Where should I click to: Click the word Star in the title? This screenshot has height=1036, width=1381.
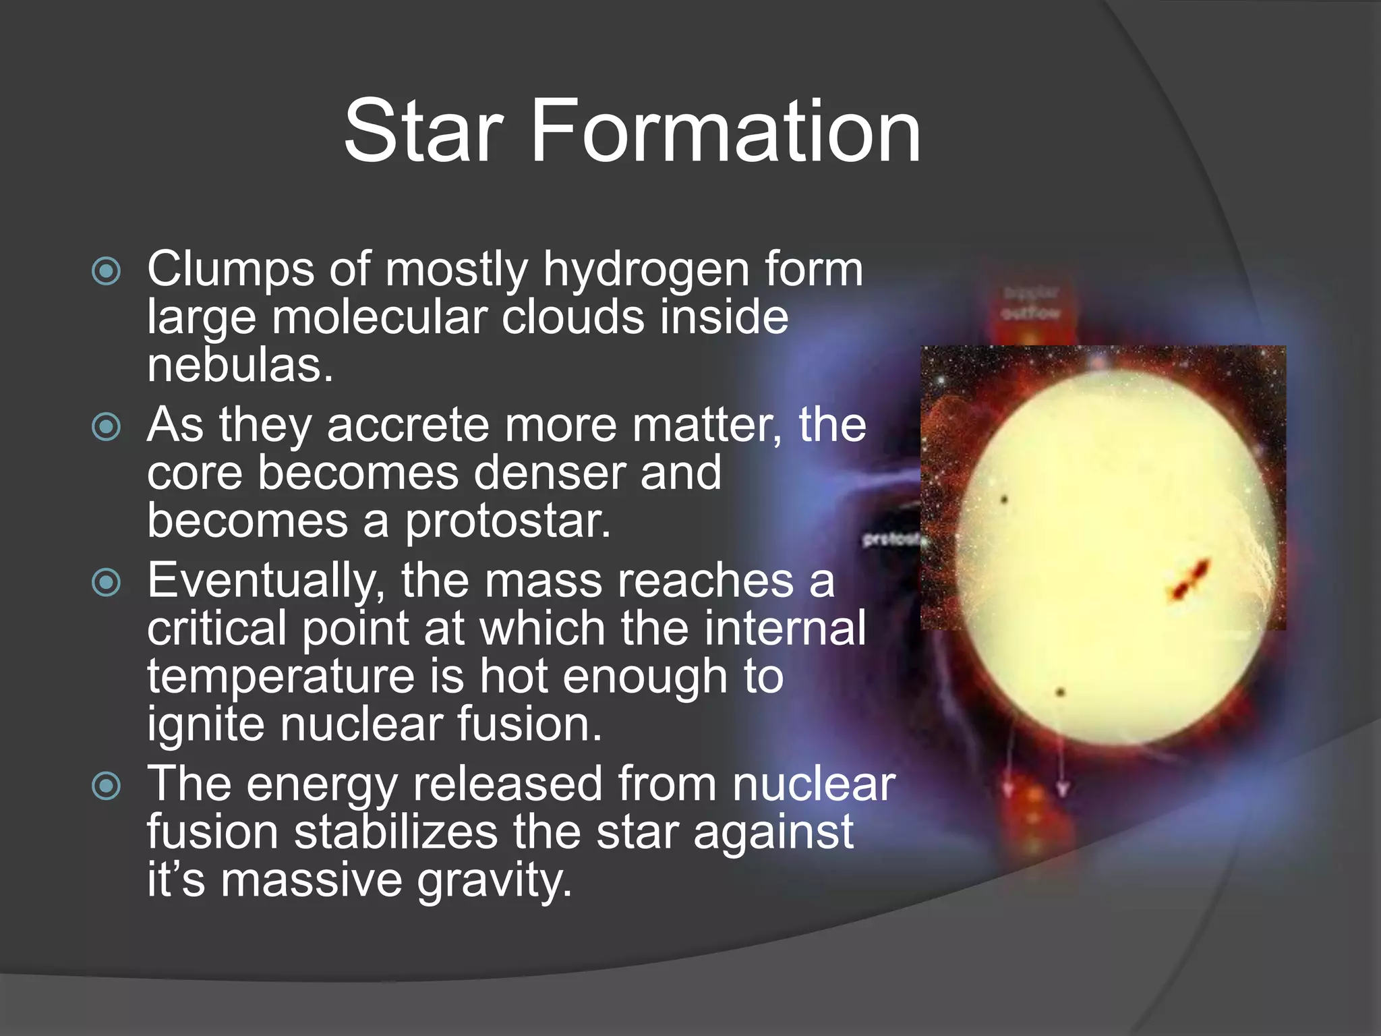coord(423,131)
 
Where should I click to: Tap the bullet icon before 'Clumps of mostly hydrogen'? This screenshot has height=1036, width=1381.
coord(107,271)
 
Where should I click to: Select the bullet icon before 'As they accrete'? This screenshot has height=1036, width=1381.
coord(107,426)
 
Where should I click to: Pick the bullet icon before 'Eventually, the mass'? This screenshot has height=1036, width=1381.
coord(107,582)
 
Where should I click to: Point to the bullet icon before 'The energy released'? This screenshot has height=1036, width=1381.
coord(107,785)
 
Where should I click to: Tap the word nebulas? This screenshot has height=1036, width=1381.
coord(240,366)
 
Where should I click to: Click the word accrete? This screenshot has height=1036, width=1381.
coord(407,426)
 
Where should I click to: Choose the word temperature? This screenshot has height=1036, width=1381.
coord(281,677)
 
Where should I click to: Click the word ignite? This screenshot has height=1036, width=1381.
coord(206,725)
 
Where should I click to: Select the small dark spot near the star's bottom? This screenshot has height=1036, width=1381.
coord(1060,692)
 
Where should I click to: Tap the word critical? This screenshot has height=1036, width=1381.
coord(216,629)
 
